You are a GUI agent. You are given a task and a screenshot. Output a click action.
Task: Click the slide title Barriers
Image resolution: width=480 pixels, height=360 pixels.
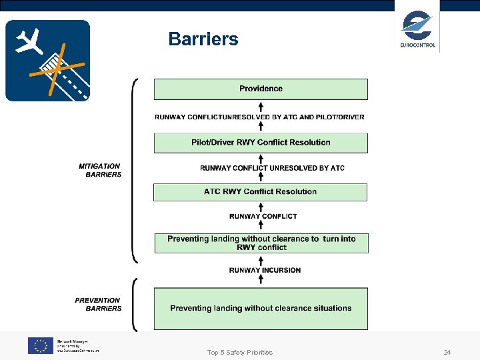[203, 39]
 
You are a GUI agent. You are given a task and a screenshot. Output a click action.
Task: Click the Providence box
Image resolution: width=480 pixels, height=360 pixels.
[261, 89]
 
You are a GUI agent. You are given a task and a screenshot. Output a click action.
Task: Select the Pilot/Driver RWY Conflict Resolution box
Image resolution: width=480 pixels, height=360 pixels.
[261, 143]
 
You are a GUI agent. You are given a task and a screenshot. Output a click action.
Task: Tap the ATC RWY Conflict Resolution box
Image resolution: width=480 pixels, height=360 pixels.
[261, 192]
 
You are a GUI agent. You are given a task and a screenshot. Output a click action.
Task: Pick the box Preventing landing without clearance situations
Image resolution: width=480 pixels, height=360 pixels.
[261, 308]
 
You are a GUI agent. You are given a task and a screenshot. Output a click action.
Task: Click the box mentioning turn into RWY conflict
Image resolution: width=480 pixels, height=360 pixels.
[261, 243]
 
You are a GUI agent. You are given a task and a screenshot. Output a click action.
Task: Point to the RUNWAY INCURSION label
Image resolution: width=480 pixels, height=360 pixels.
[265, 270]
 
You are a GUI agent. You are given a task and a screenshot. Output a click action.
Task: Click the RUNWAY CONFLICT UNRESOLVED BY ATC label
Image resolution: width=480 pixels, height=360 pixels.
[272, 168]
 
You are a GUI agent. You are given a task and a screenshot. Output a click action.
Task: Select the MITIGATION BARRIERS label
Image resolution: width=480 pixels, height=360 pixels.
[100, 170]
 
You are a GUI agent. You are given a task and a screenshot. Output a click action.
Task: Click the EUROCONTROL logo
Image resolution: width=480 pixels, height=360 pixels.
[417, 29]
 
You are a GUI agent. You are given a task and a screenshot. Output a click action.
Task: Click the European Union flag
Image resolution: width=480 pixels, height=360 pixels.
[40, 345]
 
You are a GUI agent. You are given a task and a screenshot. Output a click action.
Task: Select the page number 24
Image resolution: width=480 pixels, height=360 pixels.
[447, 352]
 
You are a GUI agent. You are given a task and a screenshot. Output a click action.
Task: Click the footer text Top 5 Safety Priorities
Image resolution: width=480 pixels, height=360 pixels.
[240, 352]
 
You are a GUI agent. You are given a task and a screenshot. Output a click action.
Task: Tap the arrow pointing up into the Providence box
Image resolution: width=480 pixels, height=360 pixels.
[261, 105]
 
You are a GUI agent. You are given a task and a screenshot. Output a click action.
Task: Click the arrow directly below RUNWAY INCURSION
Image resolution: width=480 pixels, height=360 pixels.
[261, 279]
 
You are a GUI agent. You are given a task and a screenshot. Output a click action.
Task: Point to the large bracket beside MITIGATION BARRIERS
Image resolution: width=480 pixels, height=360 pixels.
[135, 170]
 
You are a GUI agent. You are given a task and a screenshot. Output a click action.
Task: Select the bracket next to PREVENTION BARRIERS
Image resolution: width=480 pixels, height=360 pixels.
[135, 304]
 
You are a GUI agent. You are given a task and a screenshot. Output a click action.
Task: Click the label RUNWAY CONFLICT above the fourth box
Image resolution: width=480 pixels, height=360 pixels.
[263, 216]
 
